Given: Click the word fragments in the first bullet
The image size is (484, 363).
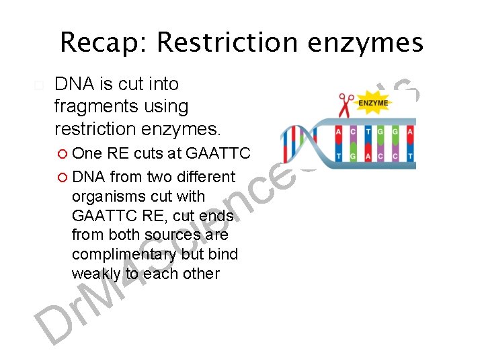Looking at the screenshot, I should point(87,106).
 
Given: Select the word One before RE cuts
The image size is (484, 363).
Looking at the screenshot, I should point(87,153).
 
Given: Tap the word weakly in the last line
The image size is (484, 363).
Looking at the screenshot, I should point(97,274).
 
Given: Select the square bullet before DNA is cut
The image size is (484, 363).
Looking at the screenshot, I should point(38,85).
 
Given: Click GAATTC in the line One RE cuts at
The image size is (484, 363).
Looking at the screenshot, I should point(218,153).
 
